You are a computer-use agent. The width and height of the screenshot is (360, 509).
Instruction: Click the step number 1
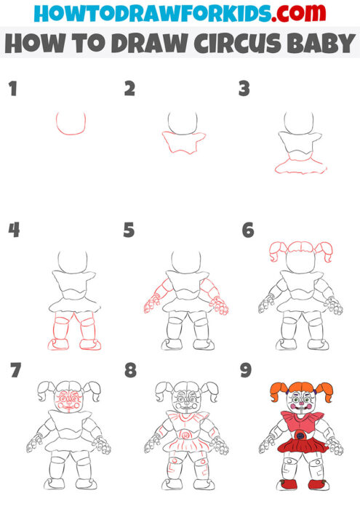(x=12, y=90)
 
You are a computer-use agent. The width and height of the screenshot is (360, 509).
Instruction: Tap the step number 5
(x=129, y=231)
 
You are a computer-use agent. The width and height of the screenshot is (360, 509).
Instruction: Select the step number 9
(x=246, y=371)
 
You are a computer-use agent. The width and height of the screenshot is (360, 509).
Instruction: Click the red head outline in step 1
(x=71, y=124)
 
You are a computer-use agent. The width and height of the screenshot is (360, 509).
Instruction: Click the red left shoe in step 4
(x=59, y=342)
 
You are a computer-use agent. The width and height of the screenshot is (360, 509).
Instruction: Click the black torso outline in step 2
(x=181, y=142)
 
